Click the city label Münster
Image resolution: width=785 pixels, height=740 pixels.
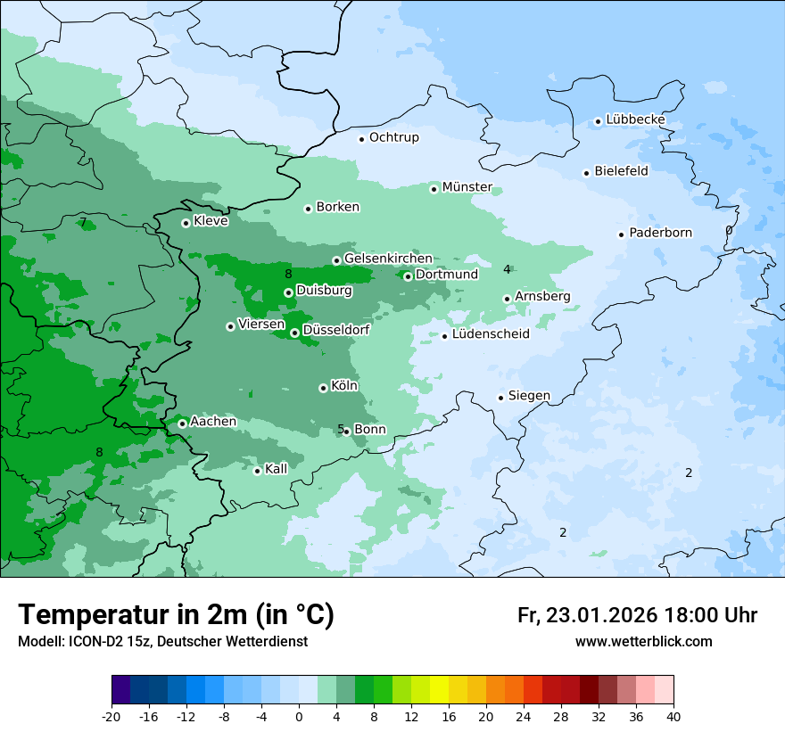pyautogui.click(x=467, y=187)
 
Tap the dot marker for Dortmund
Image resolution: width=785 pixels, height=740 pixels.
pyautogui.click(x=408, y=276)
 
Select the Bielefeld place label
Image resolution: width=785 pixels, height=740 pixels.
pyautogui.click(x=621, y=170)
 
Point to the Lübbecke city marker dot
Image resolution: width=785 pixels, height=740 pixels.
pyautogui.click(x=598, y=121)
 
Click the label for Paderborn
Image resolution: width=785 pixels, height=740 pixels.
pyautogui.click(x=660, y=233)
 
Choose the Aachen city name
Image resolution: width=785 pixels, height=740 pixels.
pyautogui.click(x=213, y=422)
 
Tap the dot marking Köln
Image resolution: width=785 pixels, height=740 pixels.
pyautogui.click(x=323, y=388)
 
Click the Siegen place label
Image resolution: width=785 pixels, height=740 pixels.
pyautogui.click(x=529, y=396)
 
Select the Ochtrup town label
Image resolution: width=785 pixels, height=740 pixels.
pyautogui.click(x=393, y=137)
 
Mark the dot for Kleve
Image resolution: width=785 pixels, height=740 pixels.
pyautogui.click(x=186, y=223)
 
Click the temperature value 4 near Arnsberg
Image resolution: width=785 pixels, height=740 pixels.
pyautogui.click(x=507, y=269)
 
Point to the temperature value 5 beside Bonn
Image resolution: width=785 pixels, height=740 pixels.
pyautogui.click(x=341, y=429)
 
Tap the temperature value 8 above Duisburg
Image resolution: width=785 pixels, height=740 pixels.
pyautogui.click(x=288, y=274)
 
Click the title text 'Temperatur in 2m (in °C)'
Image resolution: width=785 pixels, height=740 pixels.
pyautogui.click(x=176, y=615)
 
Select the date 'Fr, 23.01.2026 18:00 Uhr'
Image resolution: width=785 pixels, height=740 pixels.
pyautogui.click(x=637, y=615)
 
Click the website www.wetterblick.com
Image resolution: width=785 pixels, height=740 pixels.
pyautogui.click(x=643, y=641)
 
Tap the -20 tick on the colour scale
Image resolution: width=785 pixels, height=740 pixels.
pyautogui.click(x=112, y=717)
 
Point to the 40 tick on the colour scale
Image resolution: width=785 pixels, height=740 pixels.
pyautogui.click(x=673, y=717)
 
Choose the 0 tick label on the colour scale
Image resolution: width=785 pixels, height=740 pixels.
pyautogui.click(x=299, y=717)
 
